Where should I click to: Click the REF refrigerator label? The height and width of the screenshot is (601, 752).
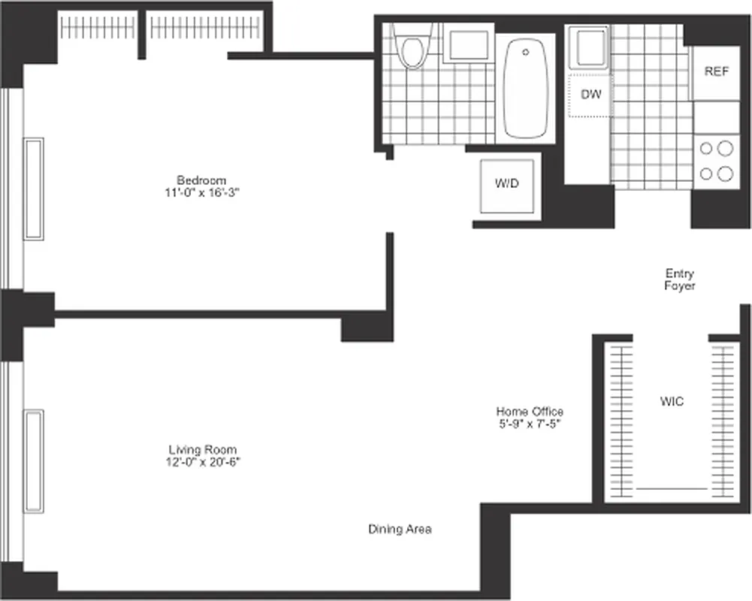(716, 72)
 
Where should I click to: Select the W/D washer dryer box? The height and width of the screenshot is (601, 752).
(507, 185)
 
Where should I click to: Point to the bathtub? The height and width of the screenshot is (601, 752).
(526, 89)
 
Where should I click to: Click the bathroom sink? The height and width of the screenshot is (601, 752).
(467, 45)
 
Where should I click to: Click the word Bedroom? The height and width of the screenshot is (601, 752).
(201, 180)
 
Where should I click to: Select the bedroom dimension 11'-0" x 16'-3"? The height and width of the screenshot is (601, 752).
(201, 192)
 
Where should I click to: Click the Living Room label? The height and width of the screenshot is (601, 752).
(204, 449)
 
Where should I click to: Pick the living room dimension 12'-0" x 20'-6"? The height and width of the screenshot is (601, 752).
(204, 461)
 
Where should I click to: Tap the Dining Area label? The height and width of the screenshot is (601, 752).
(400, 529)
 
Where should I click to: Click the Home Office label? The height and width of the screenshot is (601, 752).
(530, 412)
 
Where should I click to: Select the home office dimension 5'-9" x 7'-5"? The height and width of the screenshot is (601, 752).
(530, 424)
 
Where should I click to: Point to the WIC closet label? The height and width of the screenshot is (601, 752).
(672, 402)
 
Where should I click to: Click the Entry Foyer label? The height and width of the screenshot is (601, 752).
(680, 279)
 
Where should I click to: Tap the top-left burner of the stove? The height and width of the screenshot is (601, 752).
(706, 148)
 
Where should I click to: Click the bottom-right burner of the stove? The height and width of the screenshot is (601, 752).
(725, 174)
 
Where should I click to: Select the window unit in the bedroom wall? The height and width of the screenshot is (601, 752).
(33, 189)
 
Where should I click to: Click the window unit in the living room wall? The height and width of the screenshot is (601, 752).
(33, 461)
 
